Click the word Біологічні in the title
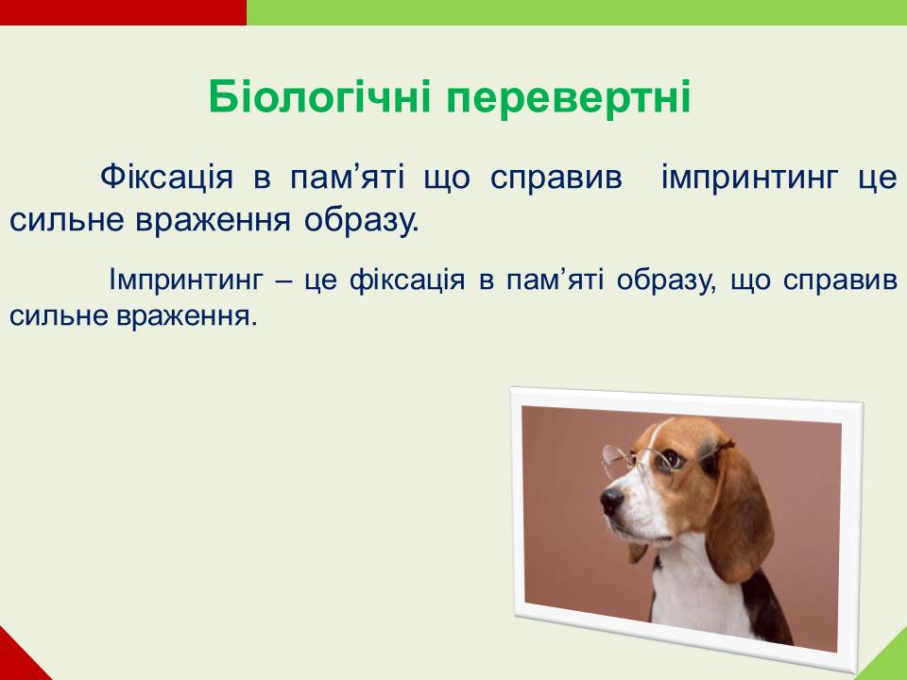319,96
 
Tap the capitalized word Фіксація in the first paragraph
166,177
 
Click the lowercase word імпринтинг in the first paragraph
749,178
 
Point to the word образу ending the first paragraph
362,221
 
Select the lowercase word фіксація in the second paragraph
407,280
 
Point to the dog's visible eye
671,459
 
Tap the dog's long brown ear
741,514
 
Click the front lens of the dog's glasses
617,462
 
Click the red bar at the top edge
123,12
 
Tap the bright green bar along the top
576,12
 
